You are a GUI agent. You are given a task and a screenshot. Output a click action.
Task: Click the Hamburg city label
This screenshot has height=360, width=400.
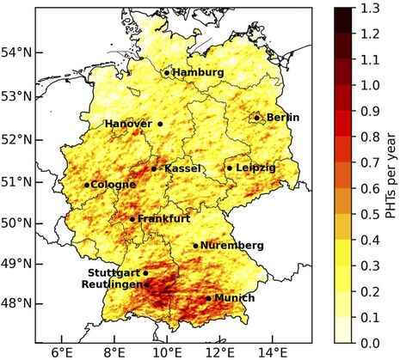(197, 73)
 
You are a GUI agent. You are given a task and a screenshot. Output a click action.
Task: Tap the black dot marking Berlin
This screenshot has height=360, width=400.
(256, 118)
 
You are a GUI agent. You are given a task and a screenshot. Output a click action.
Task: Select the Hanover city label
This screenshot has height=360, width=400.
(128, 124)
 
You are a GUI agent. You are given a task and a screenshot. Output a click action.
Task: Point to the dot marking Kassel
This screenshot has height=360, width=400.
(154, 168)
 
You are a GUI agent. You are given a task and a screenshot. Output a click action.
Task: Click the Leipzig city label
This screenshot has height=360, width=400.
(255, 168)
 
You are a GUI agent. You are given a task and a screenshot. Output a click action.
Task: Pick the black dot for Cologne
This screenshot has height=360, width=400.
(87, 185)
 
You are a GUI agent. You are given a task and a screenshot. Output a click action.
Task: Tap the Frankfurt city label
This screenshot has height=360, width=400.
(163, 219)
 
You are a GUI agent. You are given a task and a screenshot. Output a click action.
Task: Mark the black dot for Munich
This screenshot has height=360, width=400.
(208, 298)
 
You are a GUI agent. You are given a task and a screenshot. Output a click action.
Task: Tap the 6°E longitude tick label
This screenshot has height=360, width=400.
(61, 352)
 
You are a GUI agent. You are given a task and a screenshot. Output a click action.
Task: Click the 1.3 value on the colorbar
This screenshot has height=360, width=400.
(372, 9)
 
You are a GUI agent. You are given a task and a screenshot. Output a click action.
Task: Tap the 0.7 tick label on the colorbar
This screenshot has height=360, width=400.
(372, 162)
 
